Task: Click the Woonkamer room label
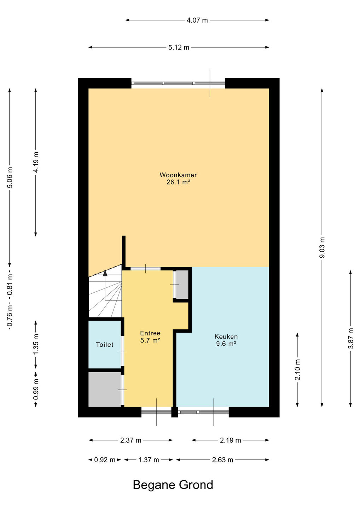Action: click(x=178, y=175)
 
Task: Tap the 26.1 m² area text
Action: click(x=178, y=182)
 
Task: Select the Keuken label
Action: click(x=226, y=337)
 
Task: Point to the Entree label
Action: click(x=150, y=333)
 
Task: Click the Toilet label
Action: click(x=105, y=345)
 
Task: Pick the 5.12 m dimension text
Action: click(x=179, y=47)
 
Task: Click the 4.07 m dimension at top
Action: click(x=197, y=20)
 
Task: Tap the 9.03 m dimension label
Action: click(x=322, y=247)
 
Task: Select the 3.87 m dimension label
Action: click(x=351, y=338)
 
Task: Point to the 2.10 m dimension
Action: click(x=297, y=370)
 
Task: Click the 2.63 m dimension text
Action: click(x=222, y=460)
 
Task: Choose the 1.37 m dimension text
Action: click(x=149, y=460)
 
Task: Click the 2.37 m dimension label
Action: click(x=131, y=440)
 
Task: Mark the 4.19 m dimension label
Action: click(x=36, y=162)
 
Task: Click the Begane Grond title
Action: click(x=173, y=485)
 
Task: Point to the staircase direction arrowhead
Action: click(x=105, y=273)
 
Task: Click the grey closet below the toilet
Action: click(x=104, y=389)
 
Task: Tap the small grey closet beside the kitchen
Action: click(x=182, y=285)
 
